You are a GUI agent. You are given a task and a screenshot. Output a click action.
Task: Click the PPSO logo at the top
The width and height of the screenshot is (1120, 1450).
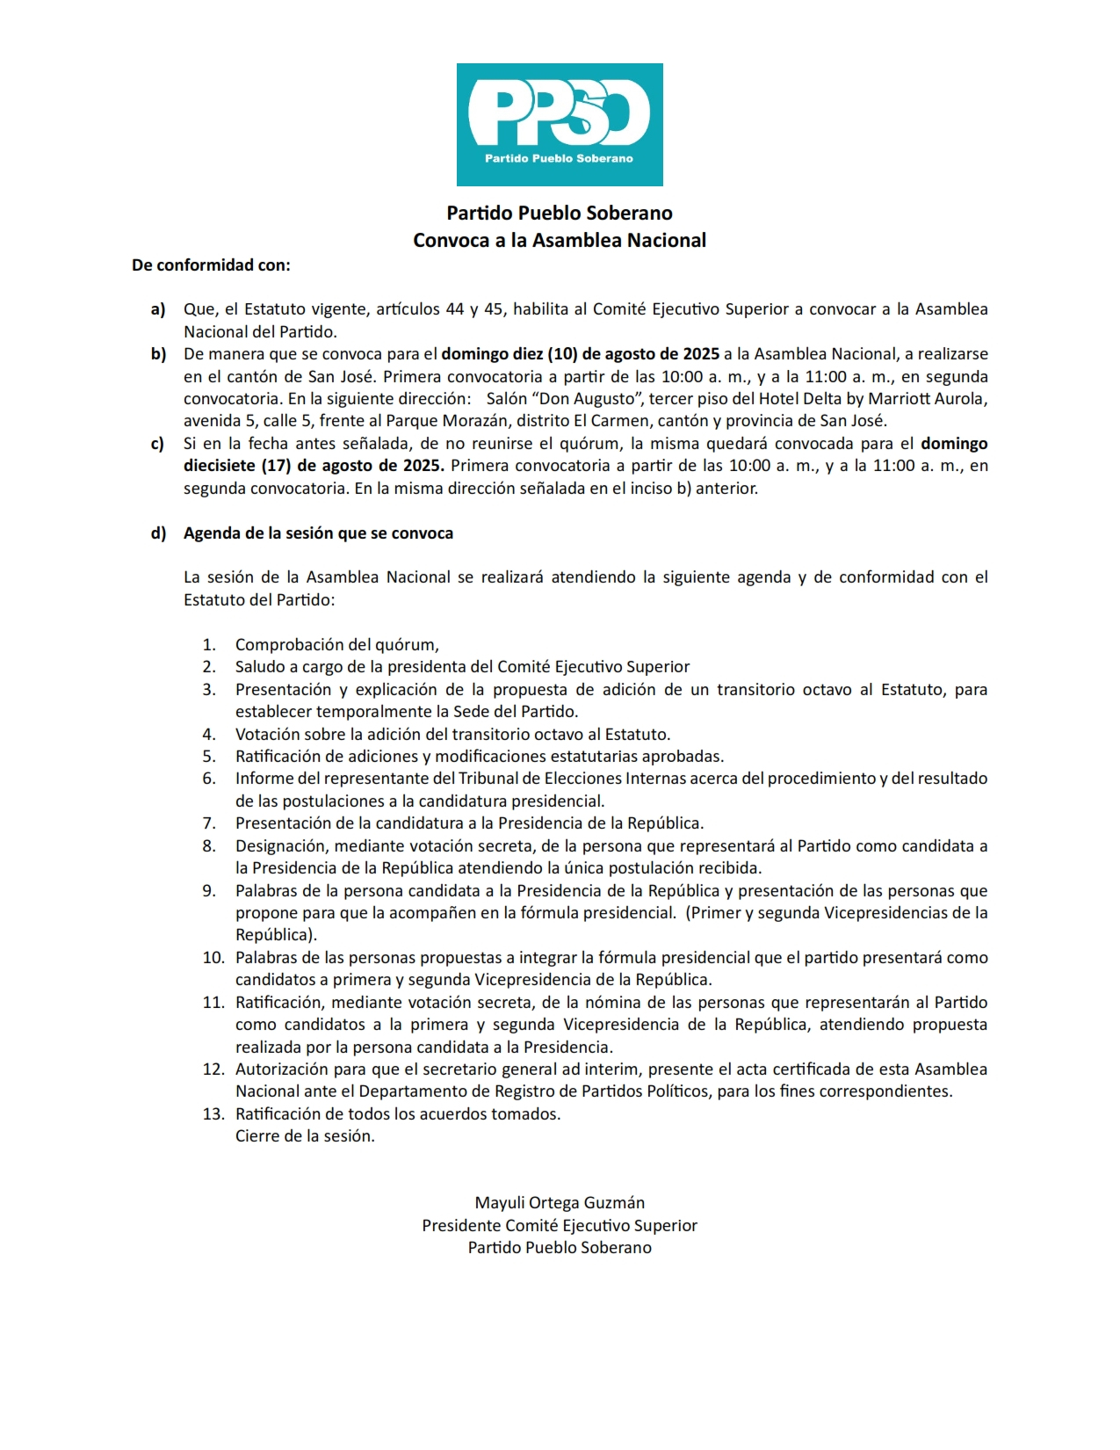click(560, 124)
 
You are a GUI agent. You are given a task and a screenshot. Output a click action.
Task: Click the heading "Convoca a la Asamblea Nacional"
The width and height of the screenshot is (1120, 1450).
click(560, 241)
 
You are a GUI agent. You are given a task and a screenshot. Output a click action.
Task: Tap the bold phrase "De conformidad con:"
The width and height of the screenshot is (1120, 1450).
click(211, 265)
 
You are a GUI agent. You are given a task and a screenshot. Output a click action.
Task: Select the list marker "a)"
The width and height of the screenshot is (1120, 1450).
click(158, 309)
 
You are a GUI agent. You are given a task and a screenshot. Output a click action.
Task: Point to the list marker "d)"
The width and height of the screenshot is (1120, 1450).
click(158, 533)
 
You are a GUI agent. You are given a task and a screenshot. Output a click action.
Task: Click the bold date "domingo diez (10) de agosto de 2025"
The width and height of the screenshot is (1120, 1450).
click(580, 354)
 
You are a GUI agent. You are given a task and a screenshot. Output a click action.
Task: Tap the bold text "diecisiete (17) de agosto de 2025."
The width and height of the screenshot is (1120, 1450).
click(314, 466)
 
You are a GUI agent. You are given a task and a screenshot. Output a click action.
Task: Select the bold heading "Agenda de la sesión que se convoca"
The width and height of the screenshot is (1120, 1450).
click(318, 533)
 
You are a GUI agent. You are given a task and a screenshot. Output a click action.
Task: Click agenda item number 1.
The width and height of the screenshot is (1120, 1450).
click(209, 645)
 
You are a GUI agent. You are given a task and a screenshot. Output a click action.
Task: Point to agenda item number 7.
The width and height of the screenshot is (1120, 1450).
click(209, 823)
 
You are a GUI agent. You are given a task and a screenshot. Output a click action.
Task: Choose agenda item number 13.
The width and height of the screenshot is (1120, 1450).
click(213, 1114)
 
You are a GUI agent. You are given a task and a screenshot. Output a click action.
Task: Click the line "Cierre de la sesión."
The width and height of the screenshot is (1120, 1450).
click(305, 1136)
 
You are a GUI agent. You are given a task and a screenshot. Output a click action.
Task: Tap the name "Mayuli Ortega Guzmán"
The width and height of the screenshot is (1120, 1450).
click(560, 1203)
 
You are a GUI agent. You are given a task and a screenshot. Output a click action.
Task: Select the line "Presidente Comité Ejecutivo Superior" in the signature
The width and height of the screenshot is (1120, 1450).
click(560, 1226)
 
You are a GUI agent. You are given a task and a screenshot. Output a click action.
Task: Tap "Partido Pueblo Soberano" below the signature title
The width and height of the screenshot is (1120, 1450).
click(560, 1248)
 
